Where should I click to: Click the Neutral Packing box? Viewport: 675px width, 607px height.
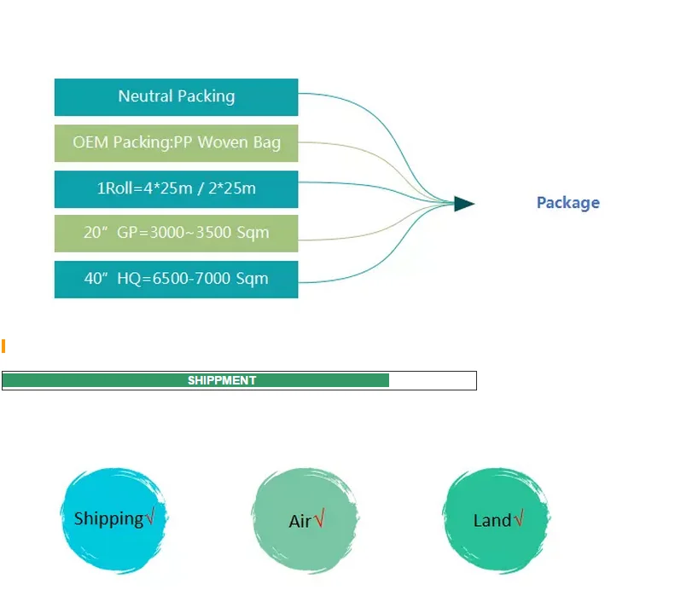[176, 97]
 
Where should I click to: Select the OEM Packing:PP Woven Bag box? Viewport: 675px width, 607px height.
[176, 143]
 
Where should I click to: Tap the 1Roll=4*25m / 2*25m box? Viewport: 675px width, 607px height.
[176, 188]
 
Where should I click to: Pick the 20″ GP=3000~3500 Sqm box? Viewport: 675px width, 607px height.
[176, 234]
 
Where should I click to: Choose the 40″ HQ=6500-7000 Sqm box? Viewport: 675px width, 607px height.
[176, 280]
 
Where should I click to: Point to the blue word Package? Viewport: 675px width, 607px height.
[567, 203]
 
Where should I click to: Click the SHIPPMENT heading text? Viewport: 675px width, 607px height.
[222, 380]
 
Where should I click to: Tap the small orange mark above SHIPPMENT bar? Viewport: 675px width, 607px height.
[3, 345]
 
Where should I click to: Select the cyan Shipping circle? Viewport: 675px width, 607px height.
[113, 520]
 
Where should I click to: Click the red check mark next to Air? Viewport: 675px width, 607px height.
[319, 518]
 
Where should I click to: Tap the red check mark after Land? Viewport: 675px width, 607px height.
[518, 518]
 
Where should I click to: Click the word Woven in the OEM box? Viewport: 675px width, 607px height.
[224, 142]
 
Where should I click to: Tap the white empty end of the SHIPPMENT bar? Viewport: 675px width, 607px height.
[432, 380]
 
